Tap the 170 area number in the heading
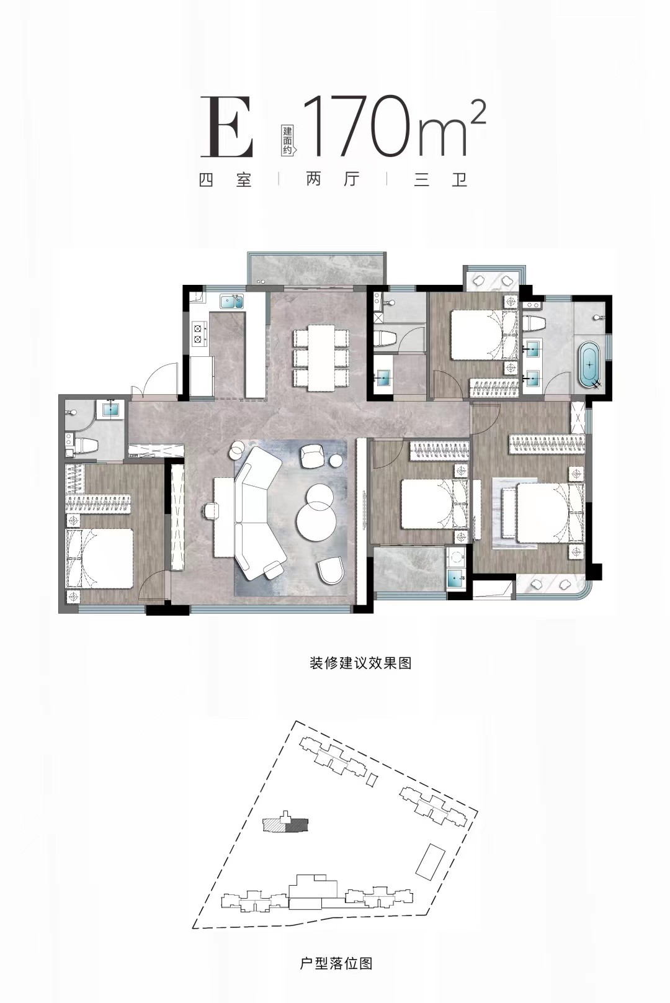click(x=359, y=126)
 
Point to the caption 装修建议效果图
click(x=360, y=663)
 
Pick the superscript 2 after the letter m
click(x=478, y=115)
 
